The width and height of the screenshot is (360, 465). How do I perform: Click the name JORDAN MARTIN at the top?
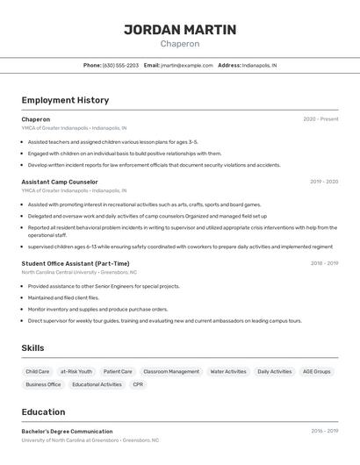pyautogui.click(x=179, y=30)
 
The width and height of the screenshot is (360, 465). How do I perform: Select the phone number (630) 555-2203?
pyautogui.click(x=120, y=65)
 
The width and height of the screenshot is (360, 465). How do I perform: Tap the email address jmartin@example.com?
pyautogui.click(x=187, y=65)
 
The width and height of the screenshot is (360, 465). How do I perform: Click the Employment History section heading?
pyautogui.click(x=65, y=100)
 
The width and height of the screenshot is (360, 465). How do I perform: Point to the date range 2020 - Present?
pyautogui.click(x=320, y=119)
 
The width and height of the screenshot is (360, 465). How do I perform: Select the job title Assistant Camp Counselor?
pyautogui.click(x=60, y=182)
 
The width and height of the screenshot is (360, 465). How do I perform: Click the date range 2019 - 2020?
pyautogui.click(x=324, y=182)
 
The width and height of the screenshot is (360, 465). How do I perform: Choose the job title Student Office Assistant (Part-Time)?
pyautogui.click(x=76, y=263)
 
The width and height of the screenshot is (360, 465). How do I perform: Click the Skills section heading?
pyautogui.click(x=33, y=348)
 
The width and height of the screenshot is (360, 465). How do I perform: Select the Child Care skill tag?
pyautogui.click(x=38, y=371)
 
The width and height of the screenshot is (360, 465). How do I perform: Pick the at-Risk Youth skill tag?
pyautogui.click(x=76, y=371)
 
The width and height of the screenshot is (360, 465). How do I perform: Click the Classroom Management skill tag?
pyautogui.click(x=171, y=371)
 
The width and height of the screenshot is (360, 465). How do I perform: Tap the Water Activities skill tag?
pyautogui.click(x=228, y=371)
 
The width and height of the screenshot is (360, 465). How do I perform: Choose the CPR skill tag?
pyautogui.click(x=138, y=384)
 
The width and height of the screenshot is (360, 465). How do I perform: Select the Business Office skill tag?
pyautogui.click(x=43, y=384)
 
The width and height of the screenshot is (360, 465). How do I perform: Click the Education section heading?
pyautogui.click(x=43, y=412)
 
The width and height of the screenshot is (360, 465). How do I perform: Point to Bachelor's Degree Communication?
pyautogui.click(x=67, y=432)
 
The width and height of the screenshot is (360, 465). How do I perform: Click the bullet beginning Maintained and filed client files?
pyautogui.click(x=63, y=297)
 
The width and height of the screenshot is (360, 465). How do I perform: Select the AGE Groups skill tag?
pyautogui.click(x=317, y=371)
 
